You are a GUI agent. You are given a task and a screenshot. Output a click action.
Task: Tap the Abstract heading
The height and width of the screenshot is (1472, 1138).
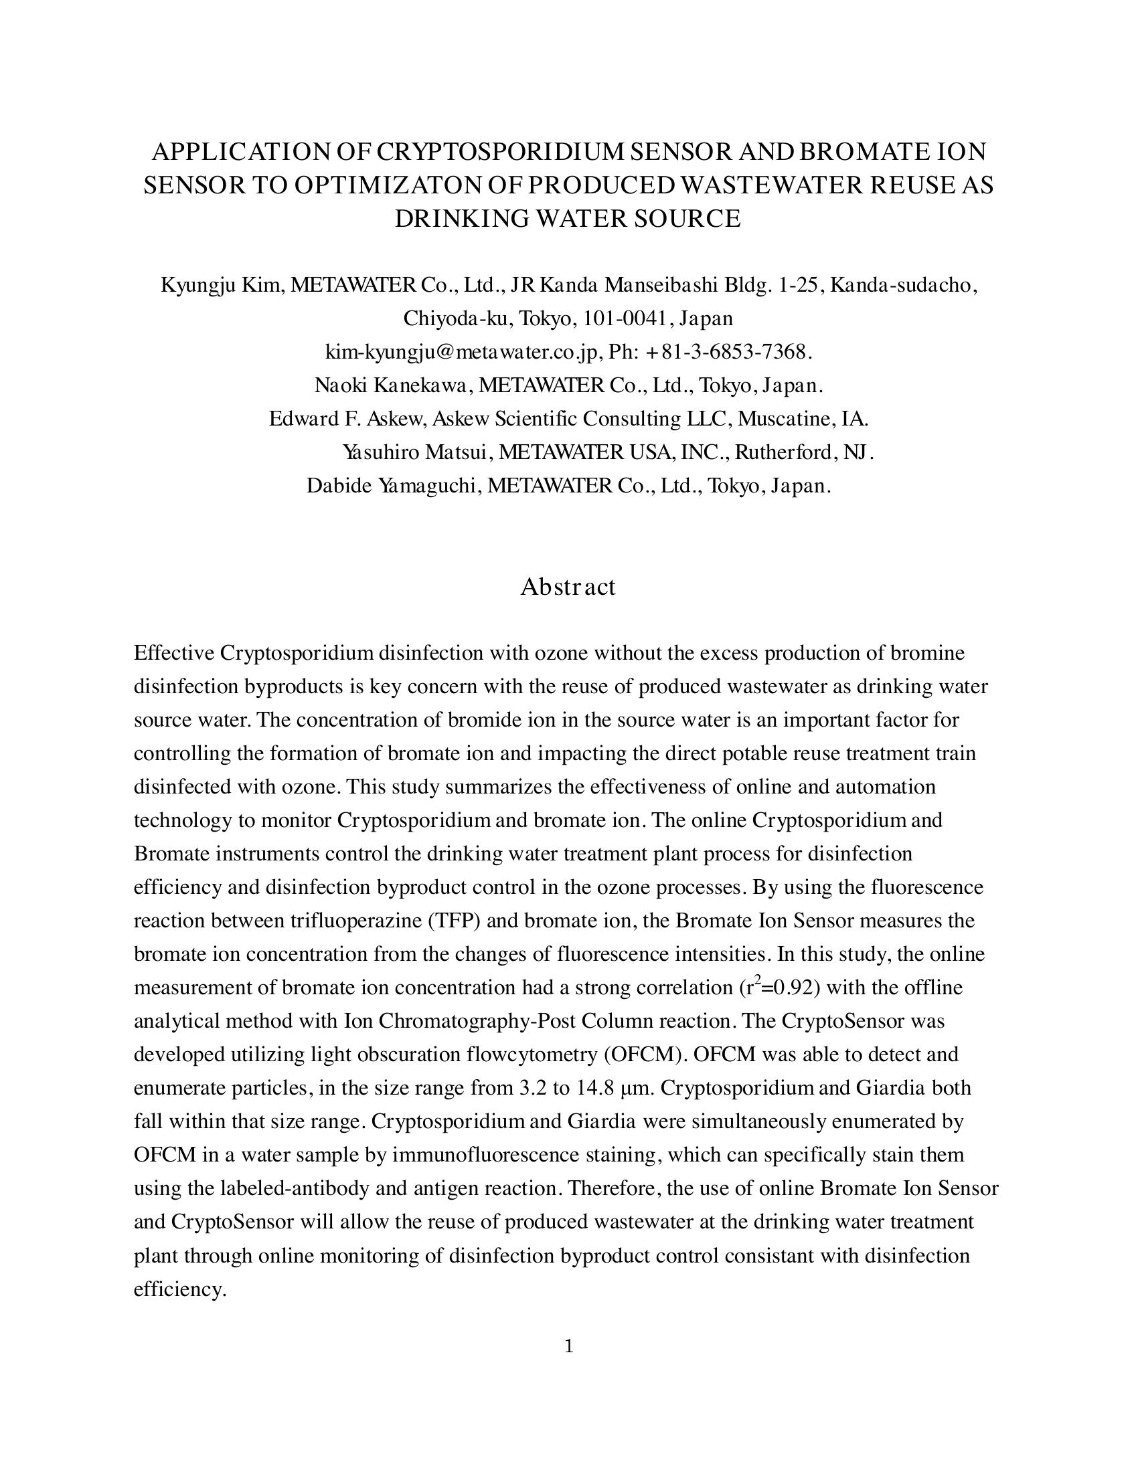click(568, 586)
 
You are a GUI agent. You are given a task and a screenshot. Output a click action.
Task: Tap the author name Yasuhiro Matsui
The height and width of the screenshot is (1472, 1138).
click(414, 452)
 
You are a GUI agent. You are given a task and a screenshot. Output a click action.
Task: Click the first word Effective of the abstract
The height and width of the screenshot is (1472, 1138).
click(174, 653)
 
